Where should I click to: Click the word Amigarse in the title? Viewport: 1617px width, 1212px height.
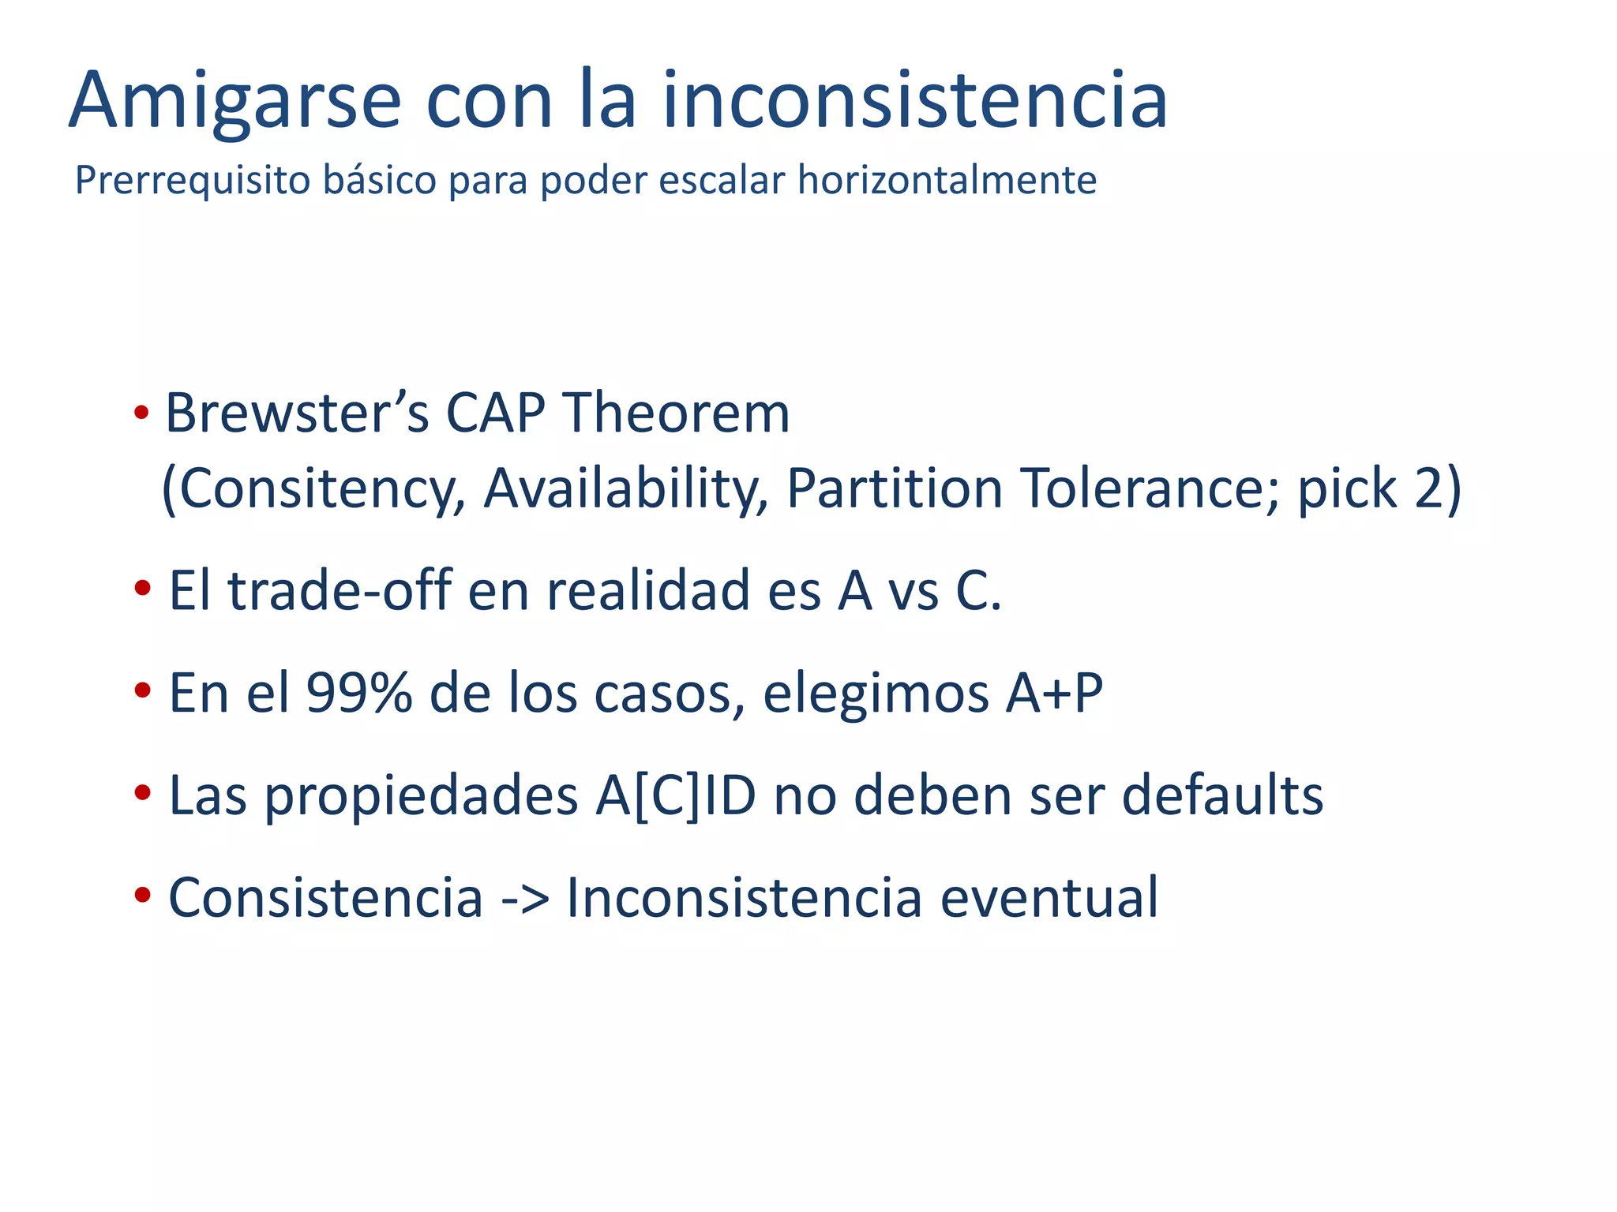(x=235, y=101)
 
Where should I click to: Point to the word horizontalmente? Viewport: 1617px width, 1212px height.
(x=947, y=179)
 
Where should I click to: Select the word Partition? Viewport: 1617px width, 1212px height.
(x=895, y=488)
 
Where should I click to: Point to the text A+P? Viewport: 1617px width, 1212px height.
(x=1053, y=693)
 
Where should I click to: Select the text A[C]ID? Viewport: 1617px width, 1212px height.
(x=676, y=795)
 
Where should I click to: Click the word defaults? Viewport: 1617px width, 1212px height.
(x=1222, y=795)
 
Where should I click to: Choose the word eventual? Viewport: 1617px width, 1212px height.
(x=1049, y=897)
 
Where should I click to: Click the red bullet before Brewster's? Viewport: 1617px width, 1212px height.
(x=141, y=413)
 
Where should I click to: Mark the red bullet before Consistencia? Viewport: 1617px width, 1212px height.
(x=143, y=896)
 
